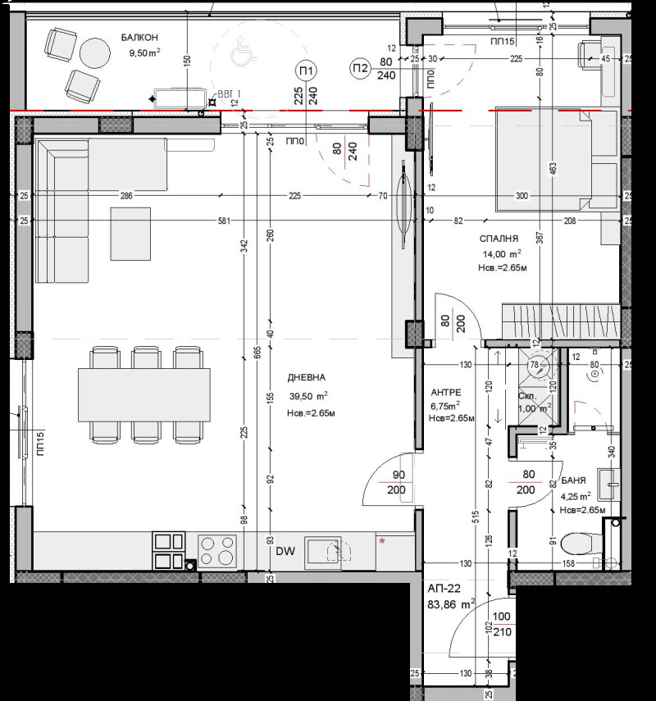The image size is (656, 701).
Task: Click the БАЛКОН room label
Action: pyautogui.click(x=139, y=38)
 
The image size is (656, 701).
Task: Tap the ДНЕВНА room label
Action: pyautogui.click(x=307, y=378)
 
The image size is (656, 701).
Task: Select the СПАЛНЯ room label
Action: pyautogui.click(x=500, y=239)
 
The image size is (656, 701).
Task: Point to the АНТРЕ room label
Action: pyautogui.click(x=446, y=393)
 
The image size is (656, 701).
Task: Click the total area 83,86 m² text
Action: pyautogui.click(x=451, y=605)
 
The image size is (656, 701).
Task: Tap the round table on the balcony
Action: pyautogui.click(x=95, y=53)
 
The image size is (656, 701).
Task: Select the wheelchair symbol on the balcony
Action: pyautogui.click(x=240, y=54)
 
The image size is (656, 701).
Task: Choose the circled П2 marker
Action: pyautogui.click(x=359, y=68)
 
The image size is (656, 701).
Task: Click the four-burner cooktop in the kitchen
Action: pyautogui.click(x=217, y=550)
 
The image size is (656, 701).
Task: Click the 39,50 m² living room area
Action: pyautogui.click(x=307, y=395)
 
